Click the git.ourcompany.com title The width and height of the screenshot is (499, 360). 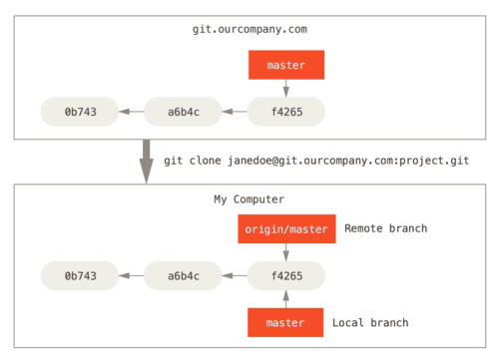(x=249, y=30)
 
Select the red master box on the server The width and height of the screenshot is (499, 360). (x=286, y=66)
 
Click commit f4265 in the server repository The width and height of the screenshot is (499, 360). (x=286, y=110)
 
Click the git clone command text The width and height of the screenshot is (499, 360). (x=316, y=161)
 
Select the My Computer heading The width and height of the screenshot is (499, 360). (x=249, y=199)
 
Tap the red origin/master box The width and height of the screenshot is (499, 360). (x=286, y=229)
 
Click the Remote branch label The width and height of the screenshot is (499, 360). (x=386, y=229)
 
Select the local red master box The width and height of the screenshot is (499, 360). (x=286, y=322)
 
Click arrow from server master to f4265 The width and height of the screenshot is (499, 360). (x=286, y=88)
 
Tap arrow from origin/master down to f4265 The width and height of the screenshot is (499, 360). (x=286, y=251)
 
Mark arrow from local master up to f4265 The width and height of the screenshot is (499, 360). (x=286, y=297)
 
